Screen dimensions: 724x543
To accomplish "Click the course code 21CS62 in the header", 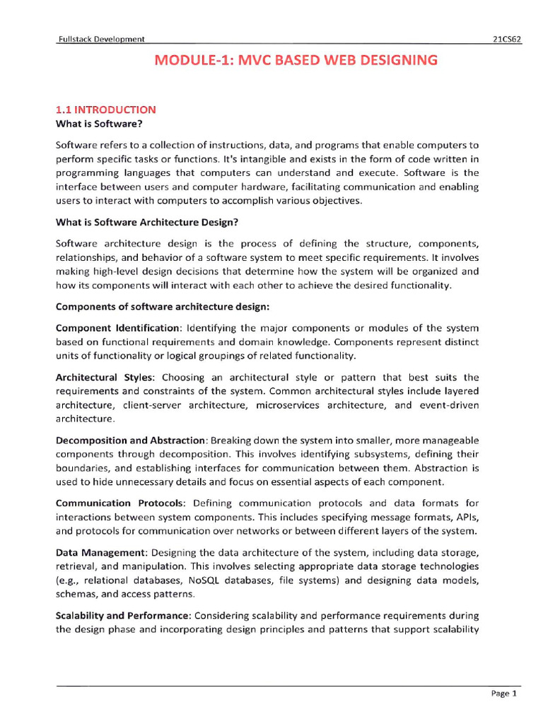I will pos(506,40).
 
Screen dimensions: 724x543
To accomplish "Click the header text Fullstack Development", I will pos(101,40).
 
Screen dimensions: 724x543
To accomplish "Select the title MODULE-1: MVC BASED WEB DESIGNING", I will pos(296,61).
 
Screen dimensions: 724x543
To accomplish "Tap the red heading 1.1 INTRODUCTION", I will pos(105,110).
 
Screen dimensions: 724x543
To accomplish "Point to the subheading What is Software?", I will pos(99,124).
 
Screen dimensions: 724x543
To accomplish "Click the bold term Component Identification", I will pos(118,327).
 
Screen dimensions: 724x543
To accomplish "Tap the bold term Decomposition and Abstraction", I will pos(131,440).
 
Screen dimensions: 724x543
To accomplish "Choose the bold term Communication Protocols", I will pos(120,503).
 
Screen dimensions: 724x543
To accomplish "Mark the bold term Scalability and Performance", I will pos(123,615).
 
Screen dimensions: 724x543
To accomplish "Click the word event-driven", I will pos(450,405).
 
